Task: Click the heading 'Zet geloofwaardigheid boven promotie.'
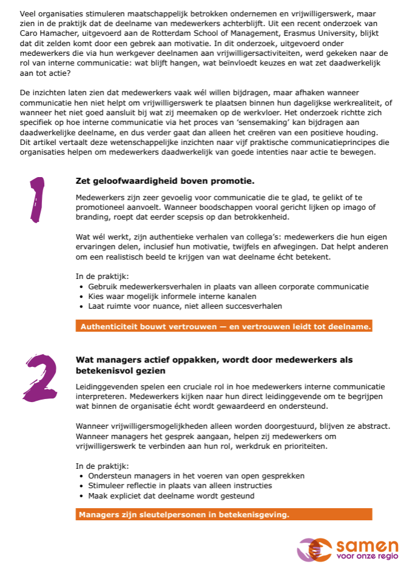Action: [x=165, y=181]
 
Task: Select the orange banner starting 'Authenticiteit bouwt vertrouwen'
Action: [x=224, y=326]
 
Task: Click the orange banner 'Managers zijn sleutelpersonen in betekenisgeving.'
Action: [x=224, y=515]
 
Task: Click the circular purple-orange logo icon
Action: [x=314, y=549]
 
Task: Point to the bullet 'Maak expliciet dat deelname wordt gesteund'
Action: [x=171, y=495]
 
